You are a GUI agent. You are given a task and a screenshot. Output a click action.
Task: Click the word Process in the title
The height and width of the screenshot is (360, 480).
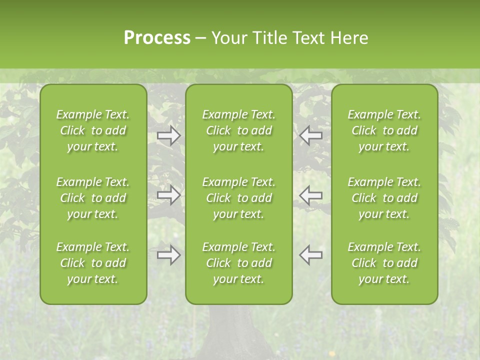coord(157,38)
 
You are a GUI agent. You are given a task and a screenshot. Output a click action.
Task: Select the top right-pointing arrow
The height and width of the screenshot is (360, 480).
coord(168,135)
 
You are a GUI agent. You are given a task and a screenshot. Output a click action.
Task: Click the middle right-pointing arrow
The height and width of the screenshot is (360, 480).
coord(168,195)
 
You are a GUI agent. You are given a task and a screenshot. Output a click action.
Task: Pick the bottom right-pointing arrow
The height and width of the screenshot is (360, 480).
coord(168,255)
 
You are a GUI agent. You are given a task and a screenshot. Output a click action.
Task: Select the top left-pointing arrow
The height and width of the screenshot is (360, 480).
coord(311,135)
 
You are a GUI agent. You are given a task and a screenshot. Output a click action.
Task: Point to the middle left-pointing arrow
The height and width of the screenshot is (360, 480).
coord(311,195)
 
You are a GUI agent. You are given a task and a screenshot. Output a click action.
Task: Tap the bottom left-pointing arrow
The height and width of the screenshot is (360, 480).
coord(311,255)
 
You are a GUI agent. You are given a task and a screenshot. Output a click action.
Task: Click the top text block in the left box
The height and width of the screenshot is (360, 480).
coord(93,130)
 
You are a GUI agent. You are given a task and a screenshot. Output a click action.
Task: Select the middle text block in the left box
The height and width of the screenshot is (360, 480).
coord(93,198)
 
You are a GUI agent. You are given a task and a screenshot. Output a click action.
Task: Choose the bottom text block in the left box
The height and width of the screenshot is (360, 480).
coord(93,263)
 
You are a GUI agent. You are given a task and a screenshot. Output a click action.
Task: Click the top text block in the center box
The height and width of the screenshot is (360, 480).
coord(239,130)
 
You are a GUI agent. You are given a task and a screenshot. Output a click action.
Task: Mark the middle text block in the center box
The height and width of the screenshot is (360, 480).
coord(239,198)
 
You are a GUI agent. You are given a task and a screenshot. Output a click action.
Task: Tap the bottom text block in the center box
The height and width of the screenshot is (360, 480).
coord(239,263)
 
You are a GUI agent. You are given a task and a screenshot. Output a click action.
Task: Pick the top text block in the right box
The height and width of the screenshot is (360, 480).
coord(384,130)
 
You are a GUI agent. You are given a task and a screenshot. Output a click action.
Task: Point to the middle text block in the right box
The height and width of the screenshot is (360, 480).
coord(384,198)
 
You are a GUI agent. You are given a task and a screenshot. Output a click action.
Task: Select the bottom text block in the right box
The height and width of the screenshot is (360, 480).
coord(384,263)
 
